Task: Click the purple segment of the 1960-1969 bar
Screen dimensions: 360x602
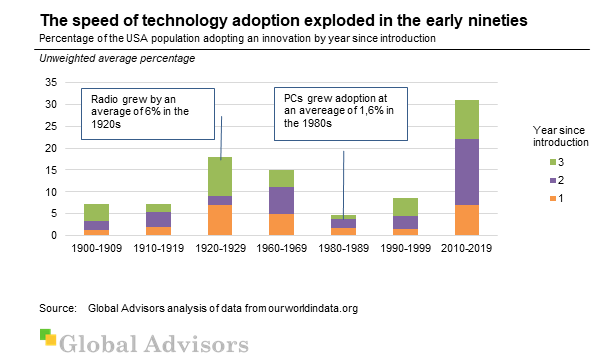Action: (x=281, y=200)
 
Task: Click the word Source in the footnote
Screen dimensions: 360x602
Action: (x=57, y=307)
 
